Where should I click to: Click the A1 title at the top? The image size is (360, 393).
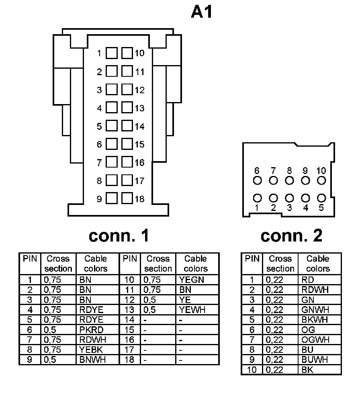[201, 12]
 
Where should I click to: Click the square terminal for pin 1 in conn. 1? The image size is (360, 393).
[112, 53]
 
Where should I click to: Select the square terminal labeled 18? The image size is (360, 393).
[127, 199]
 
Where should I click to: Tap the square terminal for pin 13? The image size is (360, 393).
[127, 108]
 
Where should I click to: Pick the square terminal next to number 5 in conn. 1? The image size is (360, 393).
[112, 126]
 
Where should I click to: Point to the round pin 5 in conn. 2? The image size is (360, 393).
[321, 198]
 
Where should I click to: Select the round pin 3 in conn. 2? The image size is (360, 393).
[289, 198]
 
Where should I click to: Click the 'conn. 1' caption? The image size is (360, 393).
[119, 235]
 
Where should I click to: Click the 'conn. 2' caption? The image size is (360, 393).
[291, 235]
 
